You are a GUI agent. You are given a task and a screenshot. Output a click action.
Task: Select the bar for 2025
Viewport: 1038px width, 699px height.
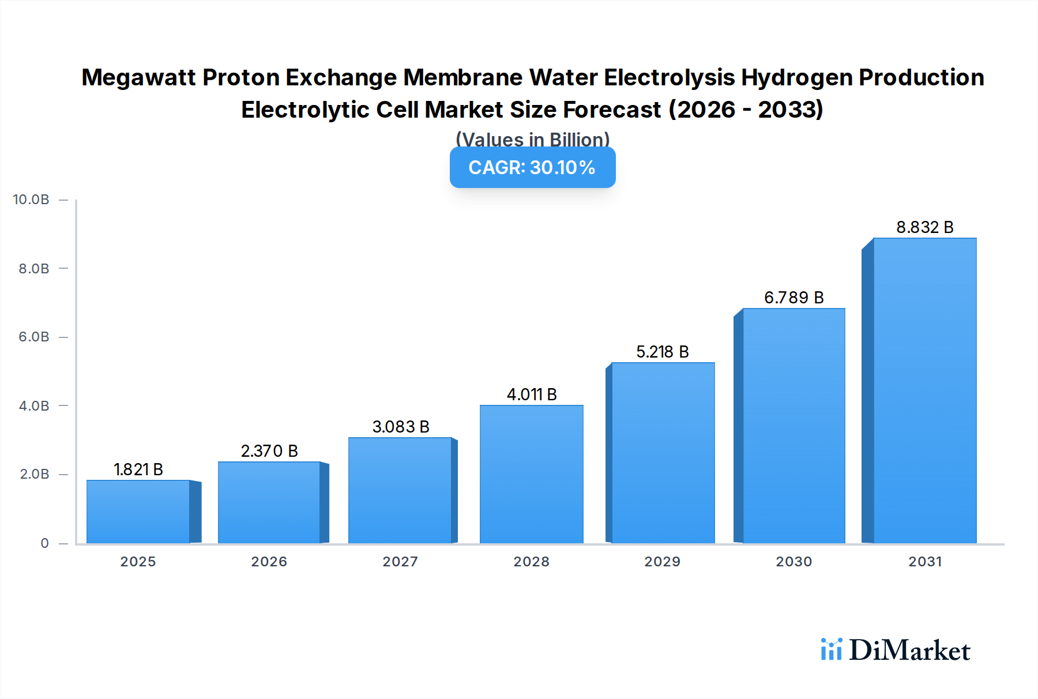(x=138, y=512)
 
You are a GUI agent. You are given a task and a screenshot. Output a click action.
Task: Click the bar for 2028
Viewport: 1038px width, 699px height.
(x=531, y=474)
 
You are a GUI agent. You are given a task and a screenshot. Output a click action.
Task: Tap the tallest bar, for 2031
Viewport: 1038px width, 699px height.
(x=924, y=390)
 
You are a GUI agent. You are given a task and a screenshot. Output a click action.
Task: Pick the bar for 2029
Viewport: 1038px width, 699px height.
(x=663, y=453)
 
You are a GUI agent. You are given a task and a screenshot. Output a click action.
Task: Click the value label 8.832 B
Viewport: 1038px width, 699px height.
(x=924, y=227)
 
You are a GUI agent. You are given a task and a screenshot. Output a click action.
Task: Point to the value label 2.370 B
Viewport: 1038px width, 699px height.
(x=269, y=451)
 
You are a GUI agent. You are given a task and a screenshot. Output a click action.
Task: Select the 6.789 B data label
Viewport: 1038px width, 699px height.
(x=793, y=298)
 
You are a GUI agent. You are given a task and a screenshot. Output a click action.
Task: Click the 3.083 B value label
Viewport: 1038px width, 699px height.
(x=401, y=427)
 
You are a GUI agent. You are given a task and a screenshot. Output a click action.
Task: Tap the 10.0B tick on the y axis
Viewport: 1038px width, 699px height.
(x=31, y=200)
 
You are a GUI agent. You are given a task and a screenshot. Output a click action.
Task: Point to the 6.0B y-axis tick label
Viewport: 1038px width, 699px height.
(x=34, y=337)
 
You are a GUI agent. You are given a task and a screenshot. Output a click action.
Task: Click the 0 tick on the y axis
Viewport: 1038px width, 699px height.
(x=44, y=543)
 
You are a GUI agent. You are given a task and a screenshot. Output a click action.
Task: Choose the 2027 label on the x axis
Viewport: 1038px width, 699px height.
(x=400, y=562)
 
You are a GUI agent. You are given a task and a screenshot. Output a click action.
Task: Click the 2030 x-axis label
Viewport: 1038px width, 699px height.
(x=793, y=562)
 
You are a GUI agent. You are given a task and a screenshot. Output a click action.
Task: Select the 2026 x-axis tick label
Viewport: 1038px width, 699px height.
(x=269, y=562)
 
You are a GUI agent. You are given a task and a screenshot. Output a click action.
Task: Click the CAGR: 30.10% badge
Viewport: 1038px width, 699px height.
(x=532, y=167)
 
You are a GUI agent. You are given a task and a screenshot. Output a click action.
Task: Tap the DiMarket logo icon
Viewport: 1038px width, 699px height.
(x=831, y=649)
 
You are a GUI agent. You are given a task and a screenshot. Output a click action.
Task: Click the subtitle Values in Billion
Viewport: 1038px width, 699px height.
(x=532, y=139)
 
